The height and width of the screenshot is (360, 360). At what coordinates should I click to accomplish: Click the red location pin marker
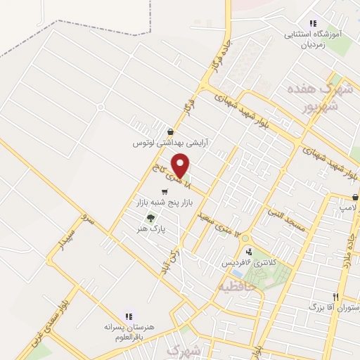pyautogui.click(x=181, y=165)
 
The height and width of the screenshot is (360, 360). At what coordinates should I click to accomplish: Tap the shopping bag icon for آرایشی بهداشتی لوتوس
pyautogui.click(x=170, y=131)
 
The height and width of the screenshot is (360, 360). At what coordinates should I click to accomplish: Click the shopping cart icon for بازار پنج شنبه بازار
pyautogui.click(x=165, y=191)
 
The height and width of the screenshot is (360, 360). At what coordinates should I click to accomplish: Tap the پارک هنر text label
pyautogui.click(x=150, y=229)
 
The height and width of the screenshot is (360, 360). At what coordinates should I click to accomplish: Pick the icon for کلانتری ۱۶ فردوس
pyautogui.click(x=248, y=252)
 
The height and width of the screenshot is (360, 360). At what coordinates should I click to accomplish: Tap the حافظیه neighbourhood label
pyautogui.click(x=233, y=287)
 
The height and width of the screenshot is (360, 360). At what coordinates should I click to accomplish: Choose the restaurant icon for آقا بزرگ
pyautogui.click(x=336, y=297)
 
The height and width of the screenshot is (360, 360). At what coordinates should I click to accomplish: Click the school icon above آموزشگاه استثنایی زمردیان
pyautogui.click(x=312, y=23)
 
